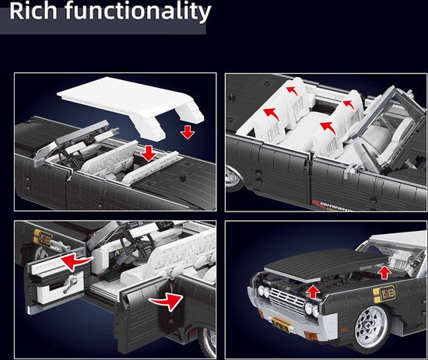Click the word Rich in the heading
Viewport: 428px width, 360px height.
(33, 11)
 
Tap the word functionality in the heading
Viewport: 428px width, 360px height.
(138, 12)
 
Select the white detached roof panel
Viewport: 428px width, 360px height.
(131, 107)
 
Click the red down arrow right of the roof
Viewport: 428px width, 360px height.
(188, 132)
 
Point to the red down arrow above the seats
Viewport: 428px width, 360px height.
(149, 153)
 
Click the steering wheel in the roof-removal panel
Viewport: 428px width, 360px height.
(69, 158)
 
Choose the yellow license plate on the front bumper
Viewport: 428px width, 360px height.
(280, 325)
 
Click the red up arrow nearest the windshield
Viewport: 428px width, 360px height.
(384, 273)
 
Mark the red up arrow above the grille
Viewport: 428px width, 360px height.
(313, 292)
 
